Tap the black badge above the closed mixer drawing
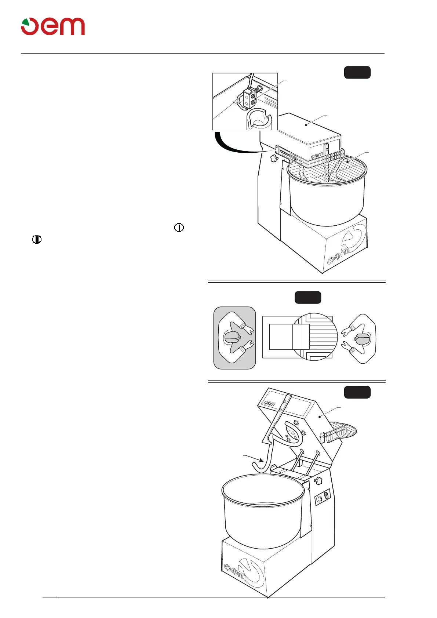(x=357, y=72)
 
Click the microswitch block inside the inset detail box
(x=251, y=98)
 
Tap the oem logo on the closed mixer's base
(x=339, y=256)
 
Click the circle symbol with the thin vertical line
(x=179, y=228)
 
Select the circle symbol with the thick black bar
(x=37, y=239)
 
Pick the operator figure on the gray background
(x=234, y=338)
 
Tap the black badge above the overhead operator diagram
(x=308, y=297)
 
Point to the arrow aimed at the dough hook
(x=253, y=458)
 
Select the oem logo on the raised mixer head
(x=270, y=403)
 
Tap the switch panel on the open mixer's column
(x=323, y=497)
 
